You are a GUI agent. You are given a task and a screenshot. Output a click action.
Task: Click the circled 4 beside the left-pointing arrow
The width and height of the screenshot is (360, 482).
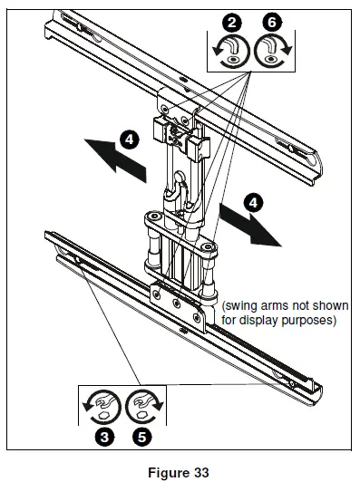[x=130, y=140]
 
